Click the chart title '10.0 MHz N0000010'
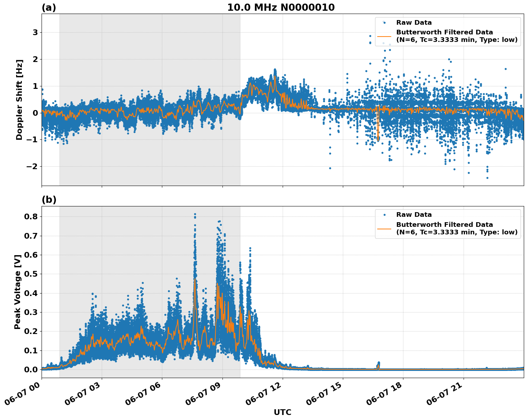click(281, 8)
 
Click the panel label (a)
click(49, 8)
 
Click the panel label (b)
click(49, 200)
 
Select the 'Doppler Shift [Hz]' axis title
click(19, 100)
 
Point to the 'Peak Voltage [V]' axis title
click(18, 292)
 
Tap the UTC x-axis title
click(282, 412)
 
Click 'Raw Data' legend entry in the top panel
click(414, 23)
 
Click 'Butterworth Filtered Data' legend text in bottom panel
click(444, 225)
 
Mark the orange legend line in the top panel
click(384, 36)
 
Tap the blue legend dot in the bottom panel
click(384, 215)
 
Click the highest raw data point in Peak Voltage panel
click(195, 214)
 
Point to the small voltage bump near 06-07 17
click(378, 364)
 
